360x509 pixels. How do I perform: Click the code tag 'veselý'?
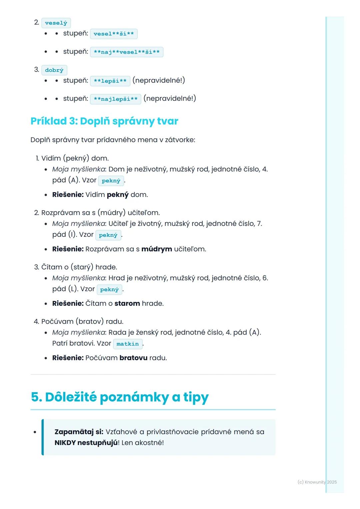(x=56, y=23)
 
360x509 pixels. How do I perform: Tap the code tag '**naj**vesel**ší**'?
(x=126, y=52)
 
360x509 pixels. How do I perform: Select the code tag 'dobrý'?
(x=54, y=70)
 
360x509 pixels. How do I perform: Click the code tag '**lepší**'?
(x=110, y=81)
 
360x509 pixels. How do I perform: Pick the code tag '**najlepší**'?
(x=115, y=99)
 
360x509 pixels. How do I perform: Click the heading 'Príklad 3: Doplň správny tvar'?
(x=104, y=121)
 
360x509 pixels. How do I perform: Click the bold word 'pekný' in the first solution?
(x=117, y=195)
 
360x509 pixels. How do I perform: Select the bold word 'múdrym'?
(x=157, y=249)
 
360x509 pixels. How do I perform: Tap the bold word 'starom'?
(x=127, y=303)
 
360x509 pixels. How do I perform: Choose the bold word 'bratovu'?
(x=133, y=358)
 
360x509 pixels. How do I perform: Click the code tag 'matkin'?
(x=128, y=344)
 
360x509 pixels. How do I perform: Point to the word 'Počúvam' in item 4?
(x=57, y=321)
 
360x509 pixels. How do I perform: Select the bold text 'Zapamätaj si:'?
(x=79, y=432)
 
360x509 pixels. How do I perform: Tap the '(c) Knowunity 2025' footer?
(x=317, y=482)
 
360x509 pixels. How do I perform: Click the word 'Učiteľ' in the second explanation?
(x=118, y=224)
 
